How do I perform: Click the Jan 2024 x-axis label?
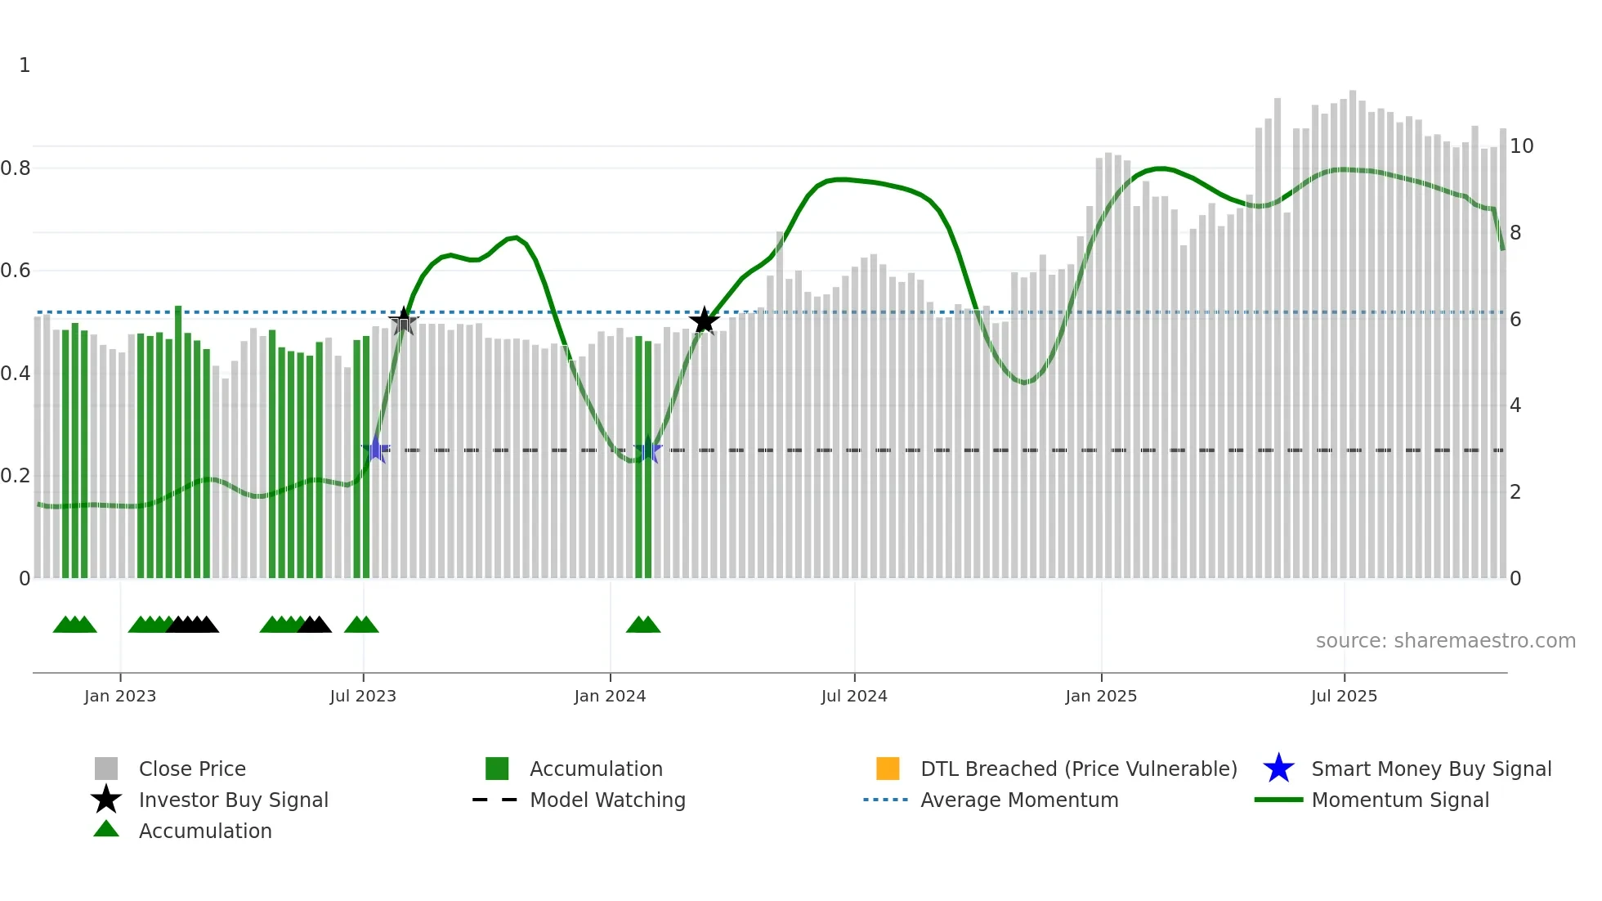click(610, 696)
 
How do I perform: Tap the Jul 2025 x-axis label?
click(1344, 696)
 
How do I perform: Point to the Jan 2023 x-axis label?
click(120, 696)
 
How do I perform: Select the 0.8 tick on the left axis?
click(16, 168)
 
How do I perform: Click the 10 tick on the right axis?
click(1521, 146)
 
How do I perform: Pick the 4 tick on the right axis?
click(1515, 406)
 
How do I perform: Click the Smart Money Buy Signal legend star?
click(1278, 769)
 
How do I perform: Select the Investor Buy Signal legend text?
click(233, 800)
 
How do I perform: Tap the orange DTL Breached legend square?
click(888, 769)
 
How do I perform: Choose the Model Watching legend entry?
click(607, 800)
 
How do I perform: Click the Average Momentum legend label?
click(1019, 800)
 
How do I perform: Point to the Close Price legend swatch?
click(106, 769)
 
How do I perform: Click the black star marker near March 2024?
click(704, 321)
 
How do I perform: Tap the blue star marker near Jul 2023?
click(376, 449)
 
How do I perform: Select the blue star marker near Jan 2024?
click(647, 449)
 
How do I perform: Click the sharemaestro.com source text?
click(1445, 641)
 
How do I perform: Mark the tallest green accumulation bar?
click(178, 442)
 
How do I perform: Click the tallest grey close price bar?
click(1353, 335)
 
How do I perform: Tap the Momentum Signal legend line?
click(1278, 800)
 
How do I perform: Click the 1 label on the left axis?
click(25, 65)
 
